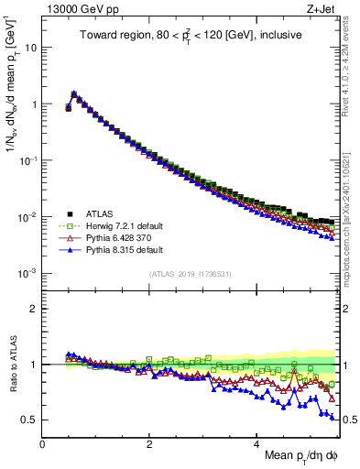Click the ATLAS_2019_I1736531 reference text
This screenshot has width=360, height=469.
click(190, 274)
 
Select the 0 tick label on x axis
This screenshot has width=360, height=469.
click(42, 443)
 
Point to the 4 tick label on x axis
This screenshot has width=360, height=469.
click(256, 443)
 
